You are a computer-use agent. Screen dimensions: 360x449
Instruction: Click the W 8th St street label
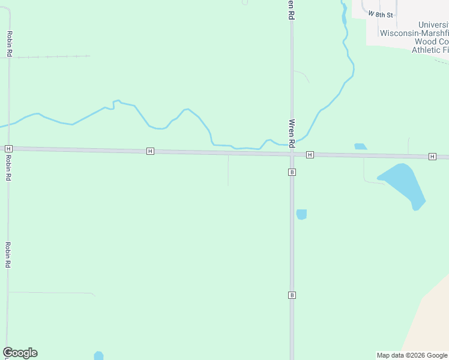(x=381, y=14)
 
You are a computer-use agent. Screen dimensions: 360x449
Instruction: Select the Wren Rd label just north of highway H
(x=292, y=133)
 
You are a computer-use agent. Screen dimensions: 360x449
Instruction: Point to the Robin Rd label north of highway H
(x=10, y=44)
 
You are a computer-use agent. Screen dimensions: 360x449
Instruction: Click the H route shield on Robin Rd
(x=8, y=148)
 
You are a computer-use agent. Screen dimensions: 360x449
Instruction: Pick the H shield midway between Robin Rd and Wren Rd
(x=150, y=151)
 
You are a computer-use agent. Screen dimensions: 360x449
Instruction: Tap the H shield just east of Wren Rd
(x=310, y=155)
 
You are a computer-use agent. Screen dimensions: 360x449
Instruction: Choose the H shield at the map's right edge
(x=432, y=157)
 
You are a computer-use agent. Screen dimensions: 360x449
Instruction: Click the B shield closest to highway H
(x=292, y=172)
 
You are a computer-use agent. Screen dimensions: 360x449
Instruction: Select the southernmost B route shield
(x=292, y=295)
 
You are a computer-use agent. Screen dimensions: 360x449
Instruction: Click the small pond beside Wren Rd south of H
(x=301, y=214)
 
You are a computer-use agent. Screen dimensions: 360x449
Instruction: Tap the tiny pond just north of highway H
(x=360, y=146)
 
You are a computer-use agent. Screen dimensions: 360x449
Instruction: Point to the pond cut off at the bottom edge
(x=98, y=356)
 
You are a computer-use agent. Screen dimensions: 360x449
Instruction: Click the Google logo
(x=20, y=353)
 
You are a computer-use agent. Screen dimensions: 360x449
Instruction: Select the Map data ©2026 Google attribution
(x=412, y=355)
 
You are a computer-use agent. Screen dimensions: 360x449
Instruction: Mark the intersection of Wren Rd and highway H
(x=292, y=154)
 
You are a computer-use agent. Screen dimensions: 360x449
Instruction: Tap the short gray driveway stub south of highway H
(x=228, y=170)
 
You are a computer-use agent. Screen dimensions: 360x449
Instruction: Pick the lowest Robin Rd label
(x=8, y=255)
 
